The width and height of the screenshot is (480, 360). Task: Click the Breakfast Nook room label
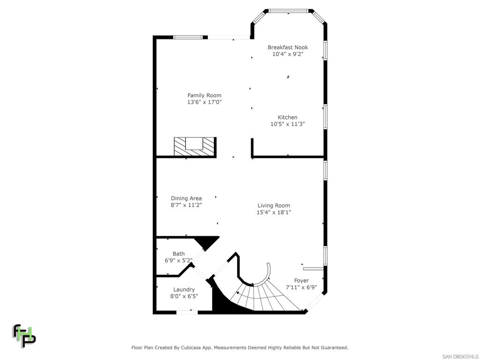(x=287, y=47)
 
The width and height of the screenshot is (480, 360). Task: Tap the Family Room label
(x=204, y=96)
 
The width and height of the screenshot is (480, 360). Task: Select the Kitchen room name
(x=287, y=118)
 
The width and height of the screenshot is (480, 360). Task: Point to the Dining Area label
(x=186, y=199)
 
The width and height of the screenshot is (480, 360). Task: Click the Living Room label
(x=274, y=206)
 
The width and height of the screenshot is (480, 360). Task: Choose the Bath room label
(x=179, y=254)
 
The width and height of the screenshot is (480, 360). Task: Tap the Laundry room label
(x=184, y=290)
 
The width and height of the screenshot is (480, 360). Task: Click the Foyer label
(x=301, y=281)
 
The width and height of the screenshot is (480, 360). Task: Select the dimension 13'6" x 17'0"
(x=204, y=102)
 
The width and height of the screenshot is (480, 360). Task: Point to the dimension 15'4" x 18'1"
(x=274, y=212)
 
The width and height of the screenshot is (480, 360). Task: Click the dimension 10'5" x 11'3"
(x=287, y=124)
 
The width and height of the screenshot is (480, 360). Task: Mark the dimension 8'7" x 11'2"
(x=186, y=205)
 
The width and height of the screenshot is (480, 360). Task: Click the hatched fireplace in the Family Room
(x=194, y=147)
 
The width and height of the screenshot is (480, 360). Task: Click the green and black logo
(x=24, y=336)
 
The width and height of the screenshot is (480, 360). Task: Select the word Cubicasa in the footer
(x=198, y=348)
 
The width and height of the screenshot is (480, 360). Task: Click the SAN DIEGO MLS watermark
(x=460, y=357)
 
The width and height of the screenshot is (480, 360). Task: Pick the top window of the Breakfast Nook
(x=288, y=10)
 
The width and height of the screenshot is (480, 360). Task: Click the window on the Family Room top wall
(x=188, y=37)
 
